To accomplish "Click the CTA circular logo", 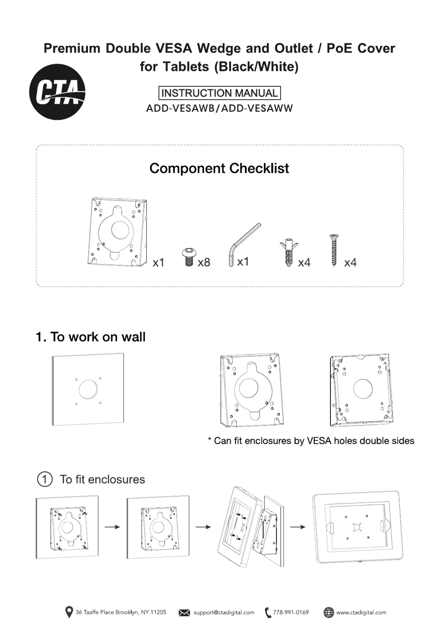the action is coord(57,92).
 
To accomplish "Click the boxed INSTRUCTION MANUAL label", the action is coord(220,93).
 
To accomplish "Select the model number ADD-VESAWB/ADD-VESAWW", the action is coord(219,108).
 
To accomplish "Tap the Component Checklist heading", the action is coord(219,168).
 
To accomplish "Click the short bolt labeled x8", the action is coord(189,257).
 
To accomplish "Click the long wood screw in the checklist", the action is coord(334,250).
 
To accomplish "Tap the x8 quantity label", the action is coord(204,262).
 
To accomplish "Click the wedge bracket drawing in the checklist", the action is coord(118,232).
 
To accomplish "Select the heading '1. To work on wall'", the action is coord(91,337).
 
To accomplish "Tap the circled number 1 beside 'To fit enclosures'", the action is coord(45,479).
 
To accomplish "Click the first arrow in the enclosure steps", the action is coord(112,527).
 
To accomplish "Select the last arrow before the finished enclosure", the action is coord(297,527).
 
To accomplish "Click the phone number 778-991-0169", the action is coord(291,612).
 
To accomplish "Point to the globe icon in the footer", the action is coord(329,612).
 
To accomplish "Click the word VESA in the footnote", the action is coord(319,441).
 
